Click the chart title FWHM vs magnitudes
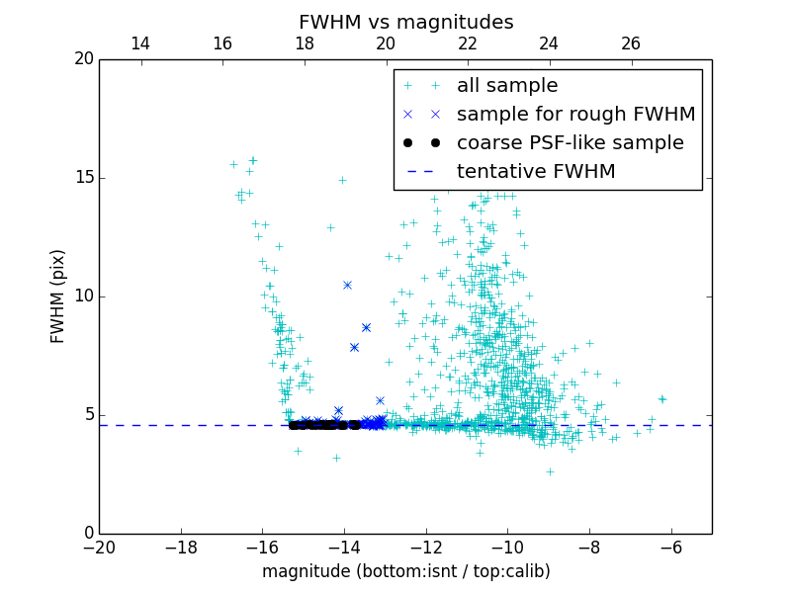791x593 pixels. [405, 22]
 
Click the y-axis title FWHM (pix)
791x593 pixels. [57, 296]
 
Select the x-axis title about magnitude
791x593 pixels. [405, 571]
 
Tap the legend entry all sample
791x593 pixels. [507, 86]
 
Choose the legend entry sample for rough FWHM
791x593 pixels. [575, 114]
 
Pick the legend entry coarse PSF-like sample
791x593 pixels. [570, 142]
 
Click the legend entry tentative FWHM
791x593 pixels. [536, 171]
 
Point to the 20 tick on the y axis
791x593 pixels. [83, 59]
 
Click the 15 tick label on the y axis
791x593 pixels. [83, 178]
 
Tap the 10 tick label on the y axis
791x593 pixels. [83, 296]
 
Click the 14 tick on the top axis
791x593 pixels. [140, 43]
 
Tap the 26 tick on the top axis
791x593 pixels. [631, 43]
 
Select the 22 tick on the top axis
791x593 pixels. [468, 43]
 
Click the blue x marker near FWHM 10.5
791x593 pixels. [347, 285]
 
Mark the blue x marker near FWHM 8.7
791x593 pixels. [366, 327]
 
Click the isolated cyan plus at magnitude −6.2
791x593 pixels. [661, 399]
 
